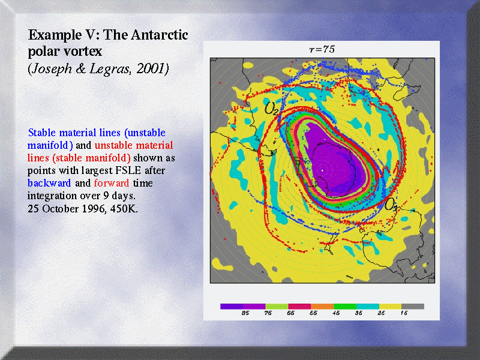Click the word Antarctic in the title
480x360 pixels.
point(159,35)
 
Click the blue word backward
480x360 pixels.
point(49,183)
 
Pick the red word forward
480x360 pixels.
point(112,183)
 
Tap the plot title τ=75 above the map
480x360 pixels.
point(322,50)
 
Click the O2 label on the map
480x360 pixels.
point(271,108)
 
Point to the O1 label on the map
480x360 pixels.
point(391,204)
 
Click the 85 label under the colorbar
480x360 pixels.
point(245,313)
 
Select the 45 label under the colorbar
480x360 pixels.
point(336,313)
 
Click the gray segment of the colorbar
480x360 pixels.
point(413,307)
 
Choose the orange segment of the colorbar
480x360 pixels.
point(322,307)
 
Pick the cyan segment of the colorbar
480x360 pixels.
point(368,307)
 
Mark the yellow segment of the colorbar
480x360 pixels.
point(391,307)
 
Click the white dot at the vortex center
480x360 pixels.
point(322,170)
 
